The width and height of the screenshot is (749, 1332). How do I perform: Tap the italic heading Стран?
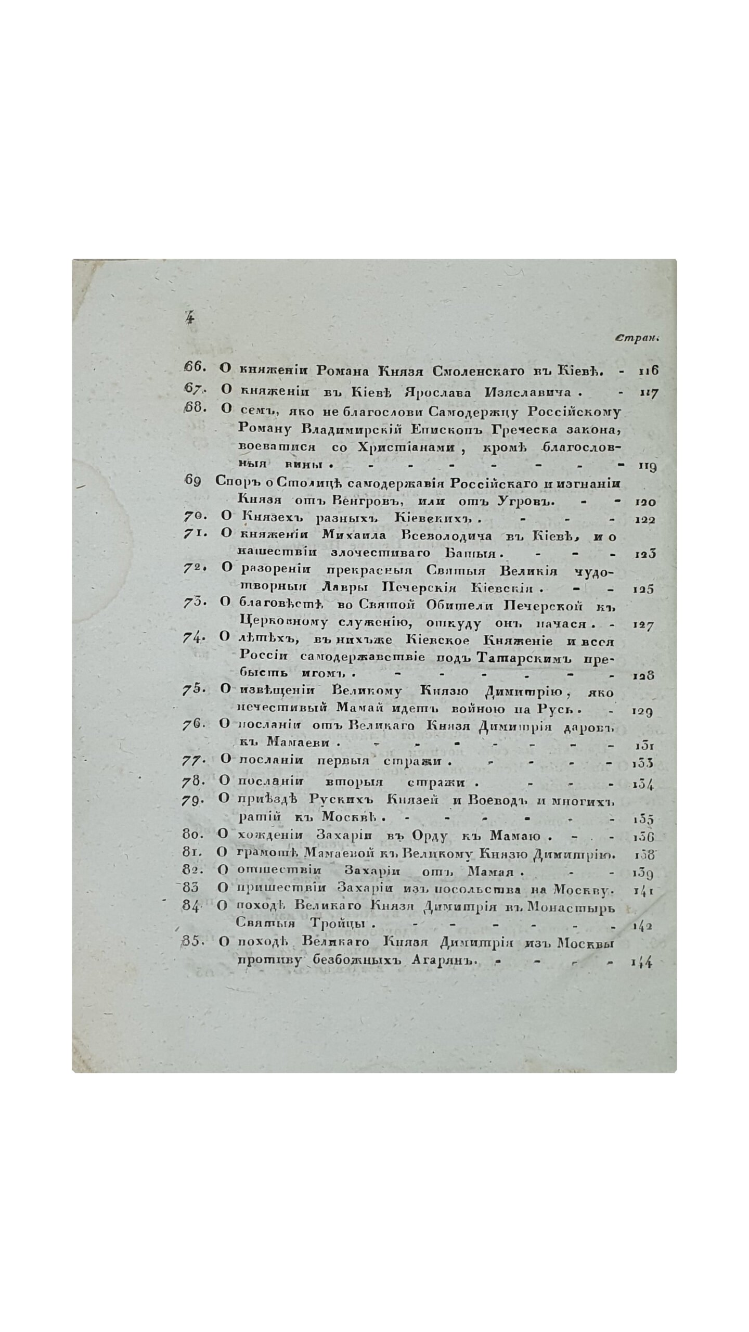coord(637,338)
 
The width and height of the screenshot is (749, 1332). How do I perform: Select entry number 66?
coord(196,367)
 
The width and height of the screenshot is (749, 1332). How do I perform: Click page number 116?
coord(648,371)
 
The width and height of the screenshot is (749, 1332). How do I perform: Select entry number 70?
coord(195,518)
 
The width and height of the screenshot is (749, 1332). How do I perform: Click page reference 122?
coord(645,520)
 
